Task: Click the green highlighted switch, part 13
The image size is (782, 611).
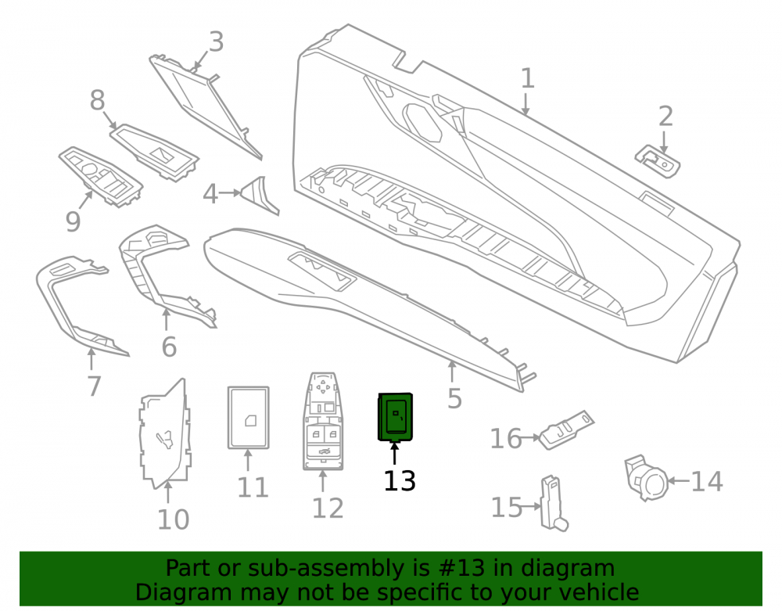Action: [x=396, y=417]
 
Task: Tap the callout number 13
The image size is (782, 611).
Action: [x=400, y=481]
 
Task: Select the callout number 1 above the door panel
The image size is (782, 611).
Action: [x=527, y=78]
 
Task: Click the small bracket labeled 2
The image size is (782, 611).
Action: [x=658, y=160]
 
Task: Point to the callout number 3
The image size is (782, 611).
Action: [x=216, y=42]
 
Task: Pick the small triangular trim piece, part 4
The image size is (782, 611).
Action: [x=260, y=195]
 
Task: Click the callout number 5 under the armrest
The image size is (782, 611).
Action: [x=454, y=398]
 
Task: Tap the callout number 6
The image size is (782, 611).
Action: [x=169, y=347]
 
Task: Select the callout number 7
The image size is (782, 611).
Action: [x=95, y=386]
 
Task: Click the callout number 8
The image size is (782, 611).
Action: [x=97, y=100]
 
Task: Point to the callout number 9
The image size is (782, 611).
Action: [x=73, y=221]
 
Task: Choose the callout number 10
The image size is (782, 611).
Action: [x=173, y=519]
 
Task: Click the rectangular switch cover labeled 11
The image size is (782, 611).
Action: [x=249, y=418]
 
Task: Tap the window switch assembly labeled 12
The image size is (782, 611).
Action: [x=323, y=421]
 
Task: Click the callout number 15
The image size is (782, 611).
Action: [x=507, y=507]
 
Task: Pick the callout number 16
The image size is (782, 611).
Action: [x=506, y=439]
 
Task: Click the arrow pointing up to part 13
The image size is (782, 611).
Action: [x=394, y=454]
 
